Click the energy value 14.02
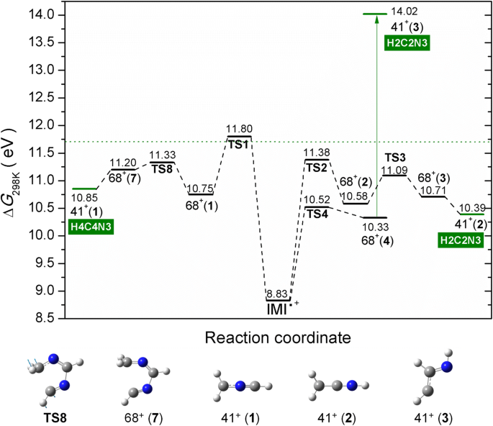tap(403, 12)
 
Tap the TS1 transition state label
tap(239, 142)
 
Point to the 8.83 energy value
tap(277, 294)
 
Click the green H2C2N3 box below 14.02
tap(405, 42)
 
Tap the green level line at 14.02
tap(375, 14)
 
